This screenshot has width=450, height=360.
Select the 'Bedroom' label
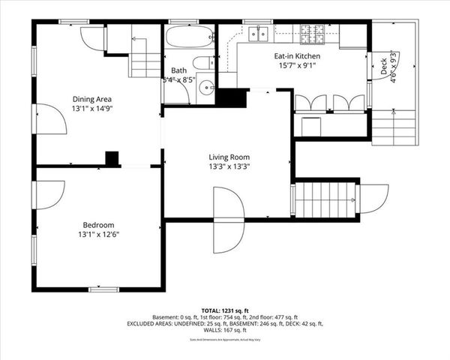[x=98, y=225]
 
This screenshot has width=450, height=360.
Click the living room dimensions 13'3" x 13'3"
[x=229, y=167]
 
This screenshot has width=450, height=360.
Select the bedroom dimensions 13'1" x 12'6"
[x=98, y=235]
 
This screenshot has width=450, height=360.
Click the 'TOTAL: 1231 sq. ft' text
[x=224, y=310]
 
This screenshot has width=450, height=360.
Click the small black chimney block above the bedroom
[x=112, y=159]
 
